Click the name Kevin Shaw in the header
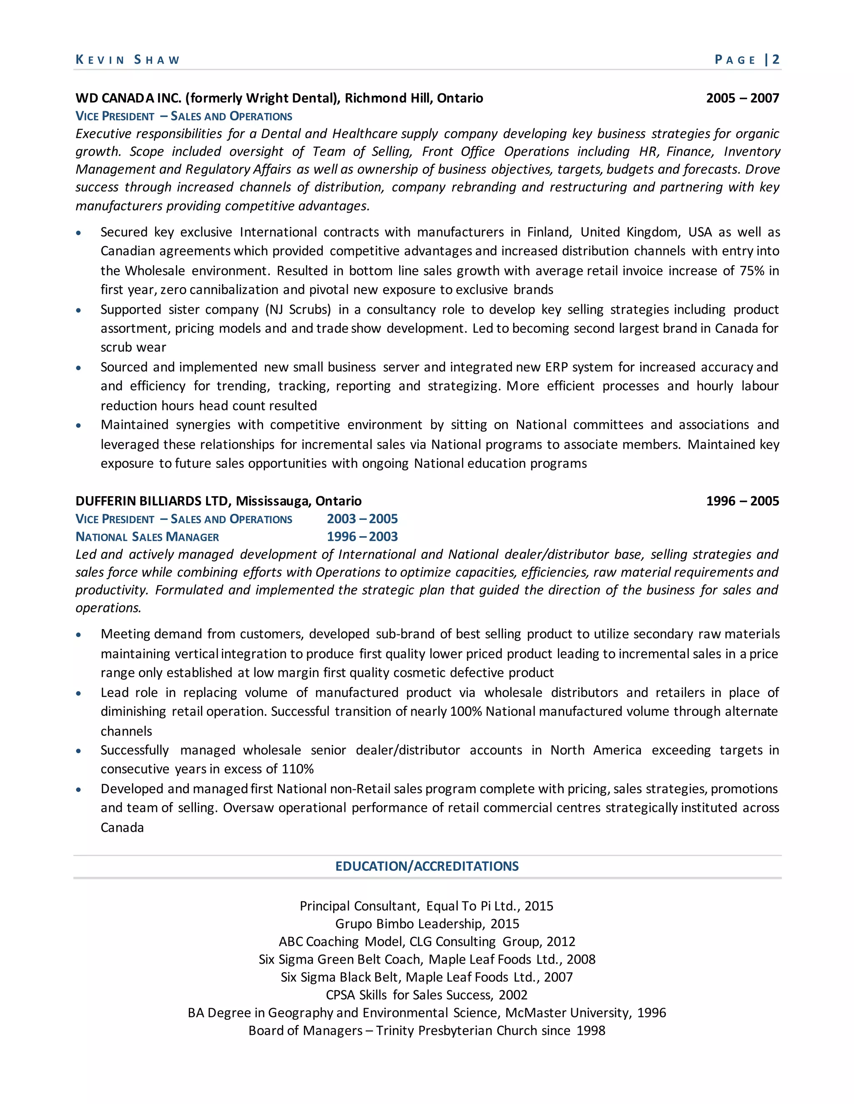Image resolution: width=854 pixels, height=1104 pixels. pyautogui.click(x=128, y=60)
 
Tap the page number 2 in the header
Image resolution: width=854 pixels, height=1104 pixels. pyautogui.click(x=776, y=60)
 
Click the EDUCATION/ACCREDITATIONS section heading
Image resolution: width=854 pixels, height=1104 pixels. pyautogui.click(x=427, y=866)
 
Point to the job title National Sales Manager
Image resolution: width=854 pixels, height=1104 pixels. pyautogui.click(x=147, y=537)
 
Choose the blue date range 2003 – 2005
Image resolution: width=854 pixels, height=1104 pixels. pyautogui.click(x=362, y=519)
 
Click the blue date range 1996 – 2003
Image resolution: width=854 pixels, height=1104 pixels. pyautogui.click(x=362, y=537)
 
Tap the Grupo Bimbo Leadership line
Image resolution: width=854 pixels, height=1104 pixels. pyautogui.click(x=427, y=924)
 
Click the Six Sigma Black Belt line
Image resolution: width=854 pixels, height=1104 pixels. pyautogui.click(x=427, y=977)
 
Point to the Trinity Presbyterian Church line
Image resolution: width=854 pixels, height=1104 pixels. pyautogui.click(x=427, y=1030)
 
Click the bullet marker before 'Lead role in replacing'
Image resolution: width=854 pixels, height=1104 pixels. pyautogui.click(x=78, y=694)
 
